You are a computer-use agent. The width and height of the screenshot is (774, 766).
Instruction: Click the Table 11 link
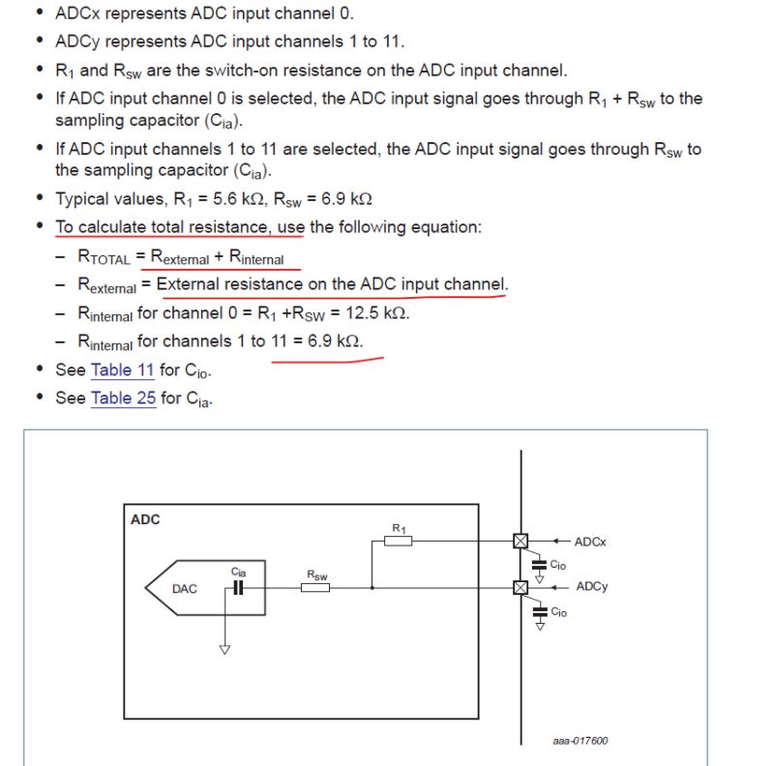[x=122, y=370]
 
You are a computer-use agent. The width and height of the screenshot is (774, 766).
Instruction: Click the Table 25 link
[x=123, y=398]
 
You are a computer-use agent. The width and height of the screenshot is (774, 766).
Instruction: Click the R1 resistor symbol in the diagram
[x=399, y=541]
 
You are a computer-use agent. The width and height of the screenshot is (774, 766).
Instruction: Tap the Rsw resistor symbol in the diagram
[x=315, y=587]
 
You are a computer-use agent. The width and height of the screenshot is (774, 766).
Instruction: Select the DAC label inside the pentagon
[x=184, y=588]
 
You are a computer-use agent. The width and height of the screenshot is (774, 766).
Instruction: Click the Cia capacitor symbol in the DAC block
[x=238, y=587]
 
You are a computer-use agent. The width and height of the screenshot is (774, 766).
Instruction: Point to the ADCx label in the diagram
[x=590, y=542]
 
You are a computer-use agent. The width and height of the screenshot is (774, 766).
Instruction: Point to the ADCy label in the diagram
[x=591, y=586]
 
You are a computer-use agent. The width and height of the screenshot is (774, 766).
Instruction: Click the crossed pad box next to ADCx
[x=521, y=541]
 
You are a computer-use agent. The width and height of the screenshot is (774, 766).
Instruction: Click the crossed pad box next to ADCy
[x=521, y=587]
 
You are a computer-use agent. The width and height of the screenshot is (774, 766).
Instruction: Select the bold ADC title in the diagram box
[x=145, y=520]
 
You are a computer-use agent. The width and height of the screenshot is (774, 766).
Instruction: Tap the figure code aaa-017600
[x=580, y=742]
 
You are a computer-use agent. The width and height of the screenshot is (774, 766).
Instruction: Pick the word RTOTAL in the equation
[x=104, y=258]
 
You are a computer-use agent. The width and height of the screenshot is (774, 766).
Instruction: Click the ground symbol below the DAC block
[x=224, y=649]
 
